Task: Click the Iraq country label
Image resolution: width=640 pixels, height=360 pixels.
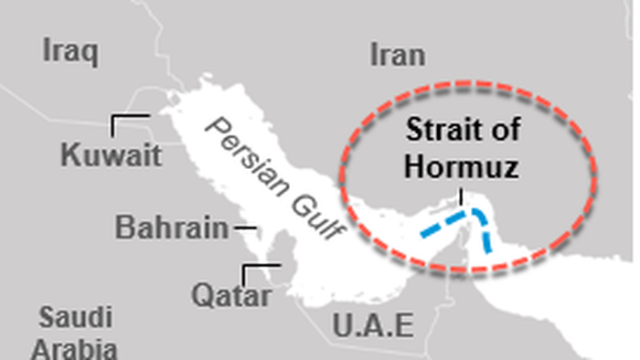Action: (x=69, y=52)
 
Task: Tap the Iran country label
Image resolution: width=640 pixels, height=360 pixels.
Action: (x=398, y=55)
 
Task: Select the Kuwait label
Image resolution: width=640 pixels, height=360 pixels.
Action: (x=111, y=154)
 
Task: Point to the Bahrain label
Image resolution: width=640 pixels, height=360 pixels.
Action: (x=172, y=227)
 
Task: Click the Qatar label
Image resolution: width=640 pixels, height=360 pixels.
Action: (x=231, y=296)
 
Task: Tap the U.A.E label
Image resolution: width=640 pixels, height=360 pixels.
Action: (x=372, y=324)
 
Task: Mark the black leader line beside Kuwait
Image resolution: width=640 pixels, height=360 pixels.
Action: (x=130, y=118)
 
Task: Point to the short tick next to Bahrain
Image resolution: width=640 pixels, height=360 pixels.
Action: (x=243, y=227)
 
